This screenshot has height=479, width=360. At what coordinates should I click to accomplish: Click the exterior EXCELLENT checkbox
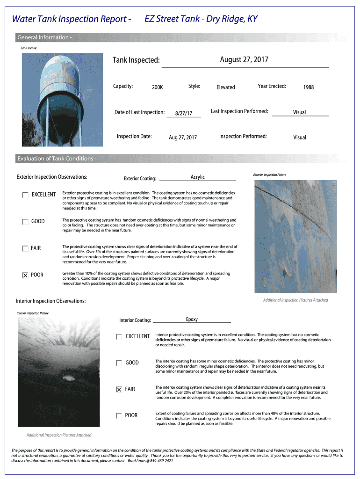25,195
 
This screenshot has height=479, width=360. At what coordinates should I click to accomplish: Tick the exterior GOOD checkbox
25,222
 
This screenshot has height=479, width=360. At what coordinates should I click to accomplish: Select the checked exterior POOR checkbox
25,275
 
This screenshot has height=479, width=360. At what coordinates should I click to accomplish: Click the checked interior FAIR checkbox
119,389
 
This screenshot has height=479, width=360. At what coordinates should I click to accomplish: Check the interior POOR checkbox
119,416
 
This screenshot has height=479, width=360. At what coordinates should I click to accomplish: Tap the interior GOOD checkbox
119,363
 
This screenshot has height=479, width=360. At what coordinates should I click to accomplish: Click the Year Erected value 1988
308,87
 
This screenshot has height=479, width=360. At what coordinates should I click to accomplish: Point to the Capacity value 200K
157,87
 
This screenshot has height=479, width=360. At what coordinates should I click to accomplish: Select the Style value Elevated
226,87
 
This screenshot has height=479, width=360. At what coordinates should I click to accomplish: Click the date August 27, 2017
244,59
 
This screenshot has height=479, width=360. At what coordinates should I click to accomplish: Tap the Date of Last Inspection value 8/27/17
184,113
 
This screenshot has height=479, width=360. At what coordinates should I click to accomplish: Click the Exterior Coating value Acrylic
198,177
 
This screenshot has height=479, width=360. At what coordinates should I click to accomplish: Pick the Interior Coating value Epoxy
192,319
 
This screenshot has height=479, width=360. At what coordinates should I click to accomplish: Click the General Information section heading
44,37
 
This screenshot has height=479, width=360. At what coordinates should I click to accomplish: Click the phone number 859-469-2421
159,461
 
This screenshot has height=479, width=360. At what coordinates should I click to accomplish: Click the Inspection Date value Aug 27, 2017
183,138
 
